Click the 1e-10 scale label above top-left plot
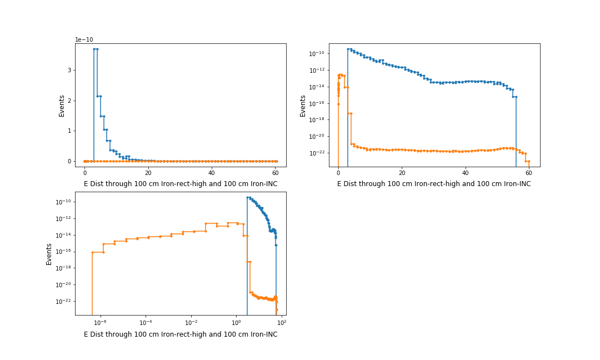85,39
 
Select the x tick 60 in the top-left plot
275,172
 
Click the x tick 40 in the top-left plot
212,172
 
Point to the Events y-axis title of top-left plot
62,106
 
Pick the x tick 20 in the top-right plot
402,172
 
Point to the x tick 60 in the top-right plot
528,172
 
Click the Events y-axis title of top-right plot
303,106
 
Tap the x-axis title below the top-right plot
433,184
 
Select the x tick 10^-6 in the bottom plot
101,322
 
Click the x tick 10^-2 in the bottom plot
191,322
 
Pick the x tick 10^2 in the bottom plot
281,322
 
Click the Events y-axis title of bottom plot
49,254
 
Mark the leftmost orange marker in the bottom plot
92,252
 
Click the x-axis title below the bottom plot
181,334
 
